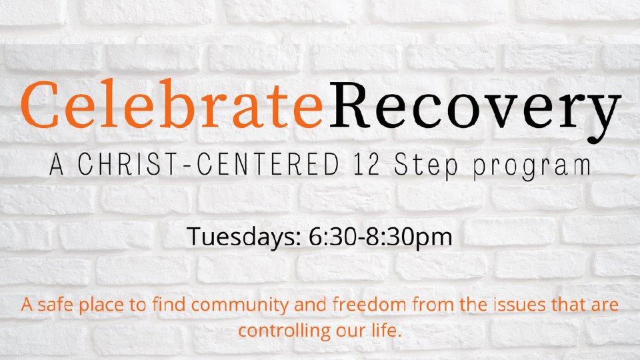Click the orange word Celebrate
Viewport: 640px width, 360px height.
point(172,105)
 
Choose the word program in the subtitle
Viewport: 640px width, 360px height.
point(532,167)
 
